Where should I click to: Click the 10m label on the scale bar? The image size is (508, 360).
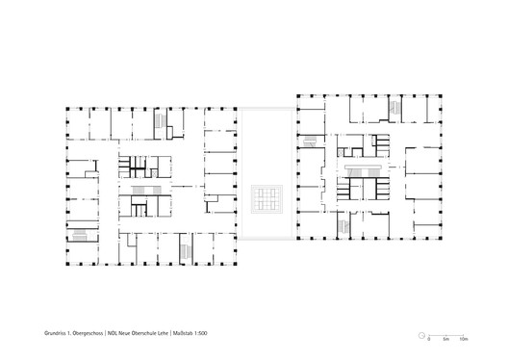[463, 340]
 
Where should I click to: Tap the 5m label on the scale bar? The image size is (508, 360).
[446, 340]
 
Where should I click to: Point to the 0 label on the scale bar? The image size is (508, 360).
[429, 340]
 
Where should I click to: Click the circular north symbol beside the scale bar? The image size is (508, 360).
[421, 334]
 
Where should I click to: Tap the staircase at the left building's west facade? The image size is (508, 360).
[82, 235]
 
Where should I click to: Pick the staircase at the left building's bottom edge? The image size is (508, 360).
[183, 252]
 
